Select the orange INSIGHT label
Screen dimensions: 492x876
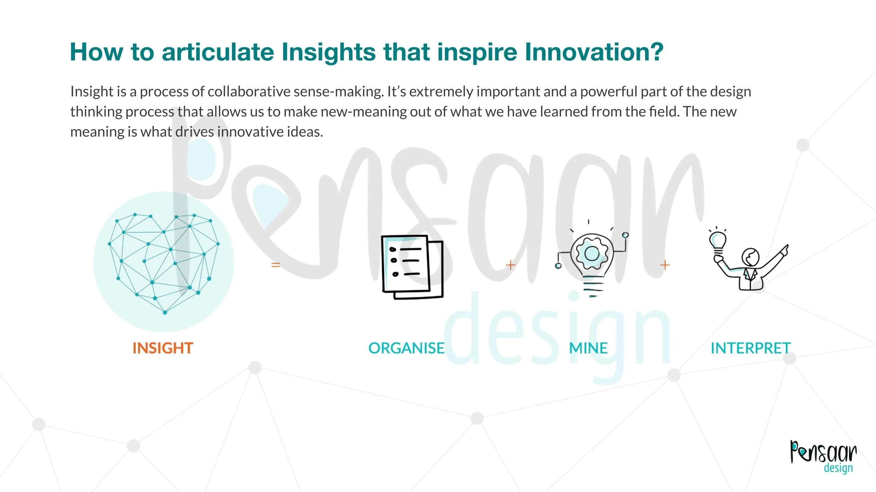[163, 348]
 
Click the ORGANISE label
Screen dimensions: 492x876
[406, 348]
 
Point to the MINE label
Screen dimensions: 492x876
[588, 348]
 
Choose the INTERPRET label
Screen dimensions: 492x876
[751, 348]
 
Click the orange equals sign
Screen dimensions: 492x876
[276, 265]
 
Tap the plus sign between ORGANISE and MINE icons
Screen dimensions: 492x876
[511, 265]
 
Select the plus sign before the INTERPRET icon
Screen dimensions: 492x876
[665, 265]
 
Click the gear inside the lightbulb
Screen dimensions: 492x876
[592, 254]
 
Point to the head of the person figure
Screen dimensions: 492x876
[750, 258]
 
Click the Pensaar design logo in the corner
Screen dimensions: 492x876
[823, 456]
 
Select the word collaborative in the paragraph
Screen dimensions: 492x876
[249, 92]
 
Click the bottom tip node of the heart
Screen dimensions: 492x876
[165, 312]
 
